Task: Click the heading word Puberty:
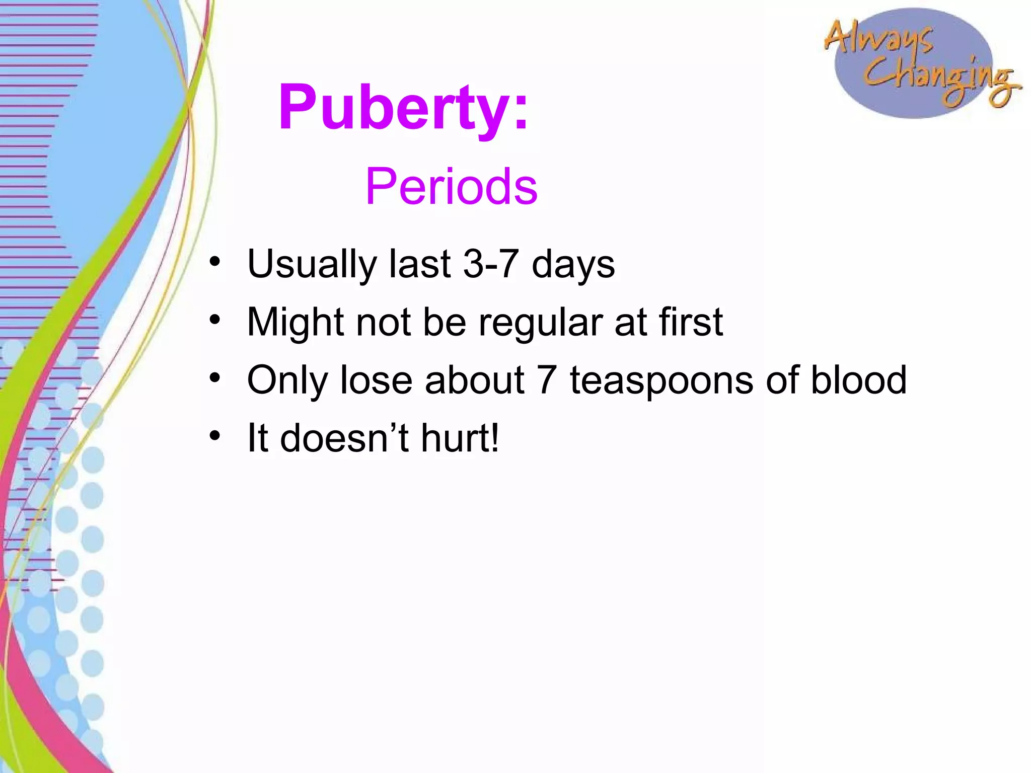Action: pyautogui.click(x=403, y=108)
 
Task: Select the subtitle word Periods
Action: pyautogui.click(x=451, y=187)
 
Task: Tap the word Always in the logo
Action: pyautogui.click(x=878, y=38)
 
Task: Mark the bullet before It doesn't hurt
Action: pyautogui.click(x=215, y=436)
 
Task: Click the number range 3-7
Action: pyautogui.click(x=491, y=264)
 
